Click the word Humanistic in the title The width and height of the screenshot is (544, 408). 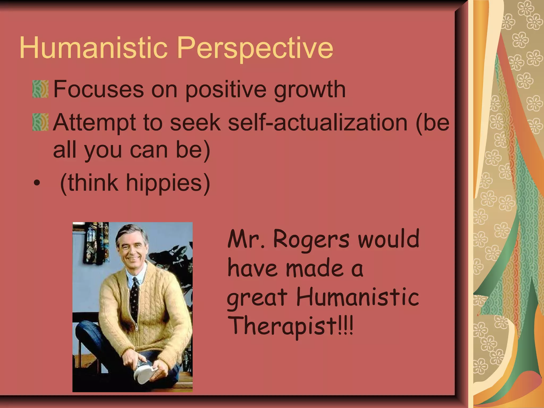93,48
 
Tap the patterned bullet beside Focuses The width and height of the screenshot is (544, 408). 40,89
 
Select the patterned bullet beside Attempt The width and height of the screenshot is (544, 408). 40,122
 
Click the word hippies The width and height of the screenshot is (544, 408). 167,183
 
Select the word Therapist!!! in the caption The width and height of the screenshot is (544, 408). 291,326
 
